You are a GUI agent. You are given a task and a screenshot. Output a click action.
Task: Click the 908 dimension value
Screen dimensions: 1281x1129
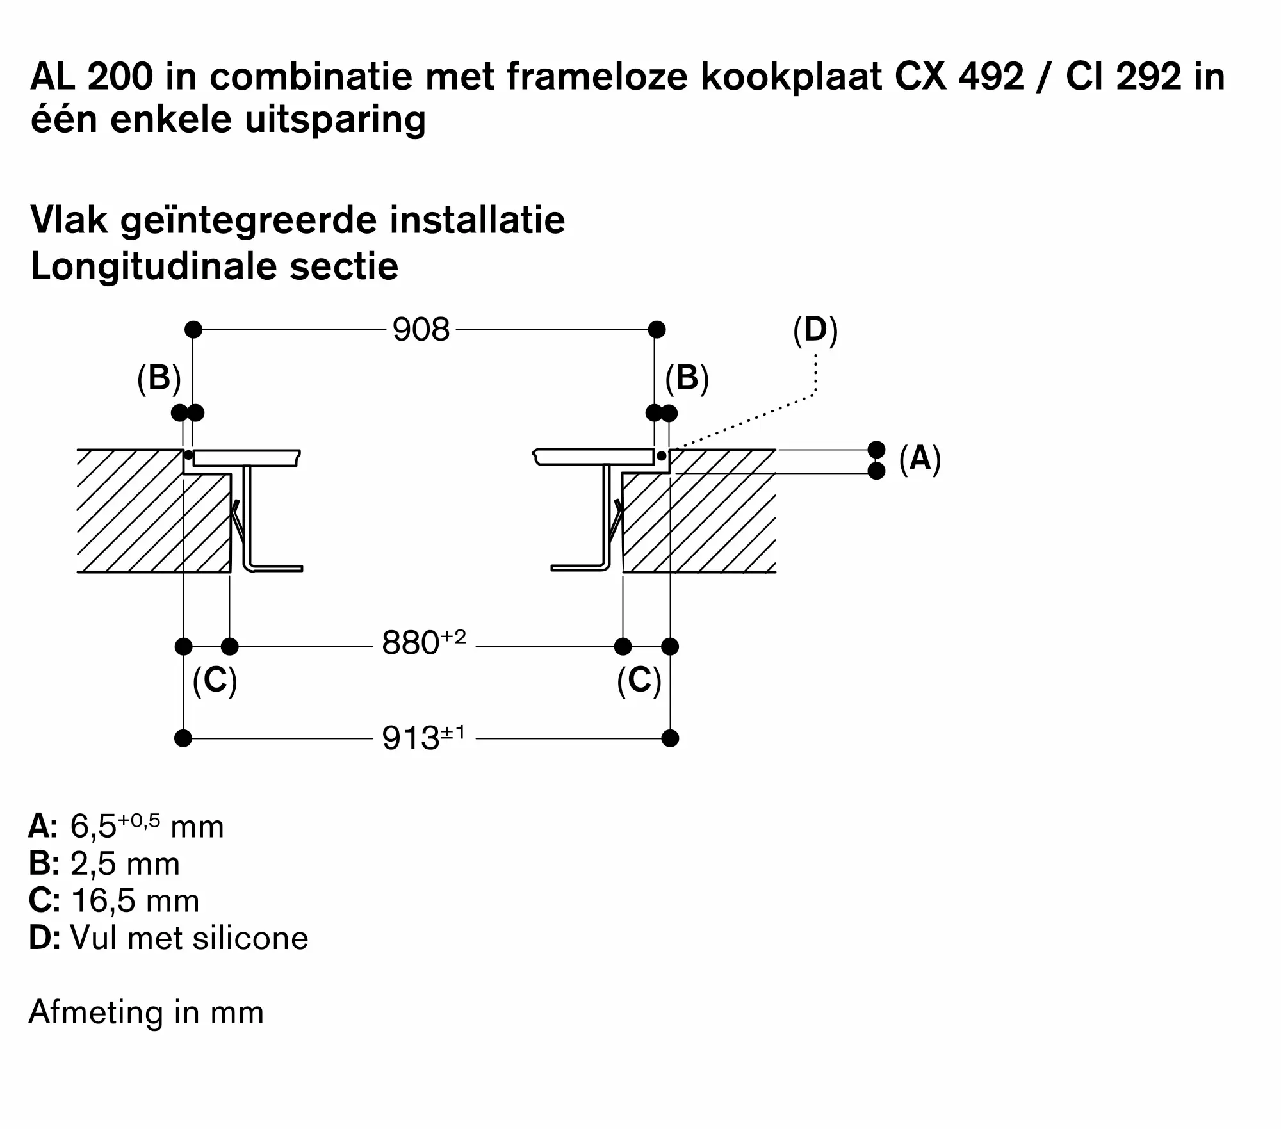421,330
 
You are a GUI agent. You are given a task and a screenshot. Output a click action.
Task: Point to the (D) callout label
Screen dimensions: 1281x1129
815,330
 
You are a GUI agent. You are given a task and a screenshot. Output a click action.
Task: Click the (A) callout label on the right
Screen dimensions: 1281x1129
920,459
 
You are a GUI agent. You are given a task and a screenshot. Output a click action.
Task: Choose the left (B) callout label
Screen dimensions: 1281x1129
159,378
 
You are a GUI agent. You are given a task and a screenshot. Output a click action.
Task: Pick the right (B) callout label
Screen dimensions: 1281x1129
687,378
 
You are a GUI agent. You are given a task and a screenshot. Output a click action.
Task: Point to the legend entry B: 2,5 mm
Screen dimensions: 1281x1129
104,864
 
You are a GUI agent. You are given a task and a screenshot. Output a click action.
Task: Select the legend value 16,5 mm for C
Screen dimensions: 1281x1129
135,901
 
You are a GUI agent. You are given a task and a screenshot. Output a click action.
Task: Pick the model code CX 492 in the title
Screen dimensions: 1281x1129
959,77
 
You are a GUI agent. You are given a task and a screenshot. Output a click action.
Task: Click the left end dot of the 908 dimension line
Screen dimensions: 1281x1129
193,330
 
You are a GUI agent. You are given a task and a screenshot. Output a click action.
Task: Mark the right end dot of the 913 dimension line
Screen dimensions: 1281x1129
670,738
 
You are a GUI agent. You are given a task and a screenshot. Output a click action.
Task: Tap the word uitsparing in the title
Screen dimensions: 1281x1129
335,120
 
